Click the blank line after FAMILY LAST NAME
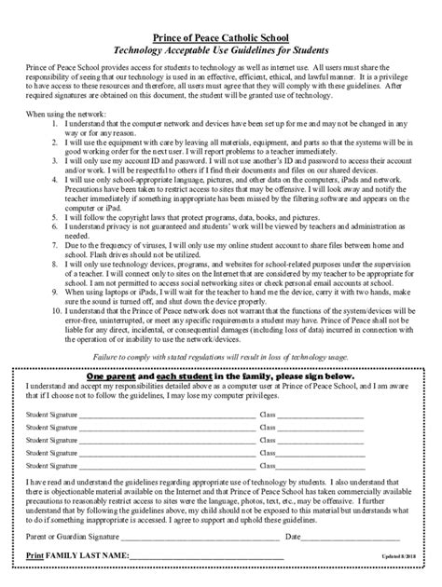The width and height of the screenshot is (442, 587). (205, 557)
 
